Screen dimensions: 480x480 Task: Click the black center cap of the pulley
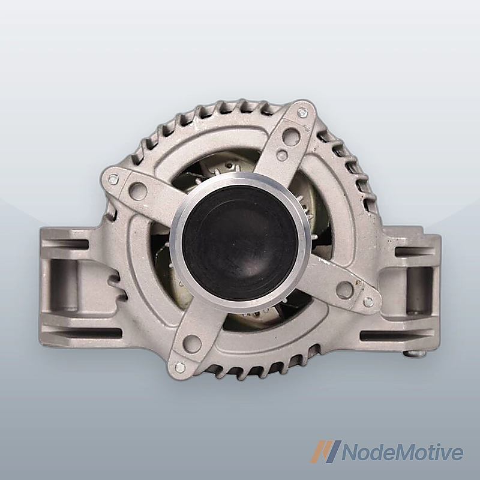[240, 243]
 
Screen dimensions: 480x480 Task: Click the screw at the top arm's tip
[303, 112]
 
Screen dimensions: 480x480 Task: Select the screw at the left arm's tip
[113, 179]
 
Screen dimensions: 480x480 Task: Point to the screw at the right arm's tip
[368, 302]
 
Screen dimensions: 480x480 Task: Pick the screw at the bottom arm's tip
[180, 367]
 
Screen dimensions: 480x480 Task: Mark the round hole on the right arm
[344, 289]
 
